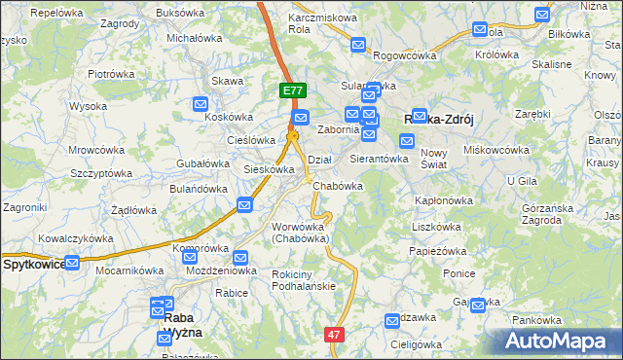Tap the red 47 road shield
tap(334, 334)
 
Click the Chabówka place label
tap(340, 186)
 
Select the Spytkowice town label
tap(33, 264)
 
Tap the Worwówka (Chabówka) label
tap(300, 232)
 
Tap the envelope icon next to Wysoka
tap(201, 105)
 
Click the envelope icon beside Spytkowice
tap(74, 263)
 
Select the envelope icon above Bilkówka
tap(543, 16)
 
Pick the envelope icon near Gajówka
tap(477, 306)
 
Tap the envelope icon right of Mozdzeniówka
tap(240, 259)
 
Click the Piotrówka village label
tap(111, 73)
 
